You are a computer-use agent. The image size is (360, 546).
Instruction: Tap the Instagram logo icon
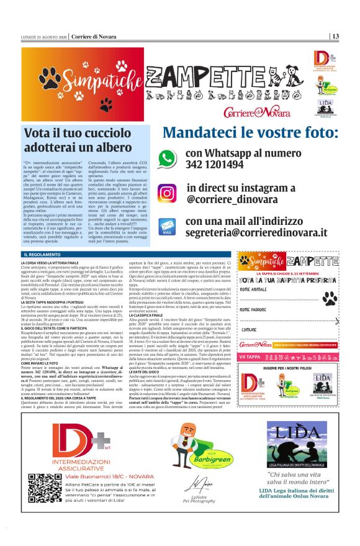click(x=167, y=193)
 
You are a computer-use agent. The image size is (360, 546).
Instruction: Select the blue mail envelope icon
click(x=167, y=226)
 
